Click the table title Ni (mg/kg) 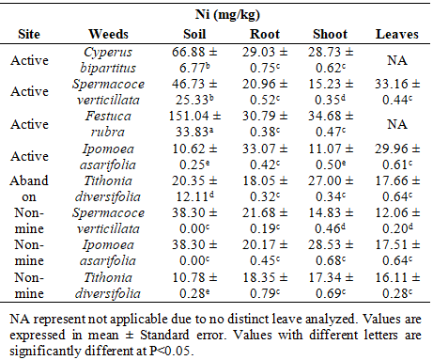pos(227,15)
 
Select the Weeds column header pos(108,34)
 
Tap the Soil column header pos(194,34)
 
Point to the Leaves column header pos(397,34)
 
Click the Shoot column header pos(330,34)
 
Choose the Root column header pos(265,34)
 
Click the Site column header pos(29,34)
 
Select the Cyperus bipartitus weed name pos(108,60)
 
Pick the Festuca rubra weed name pos(108,124)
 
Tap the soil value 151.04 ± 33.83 pos(194,124)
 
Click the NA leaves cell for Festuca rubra pos(397,124)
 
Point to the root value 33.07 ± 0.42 pos(265,156)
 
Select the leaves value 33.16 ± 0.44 pos(397,92)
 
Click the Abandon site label pos(29,189)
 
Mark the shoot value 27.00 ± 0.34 pos(331,189)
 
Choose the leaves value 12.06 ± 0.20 pos(397,221)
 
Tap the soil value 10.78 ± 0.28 pos(194,285)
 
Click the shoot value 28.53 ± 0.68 pos(331,253)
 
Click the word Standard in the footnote pos(164,335)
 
